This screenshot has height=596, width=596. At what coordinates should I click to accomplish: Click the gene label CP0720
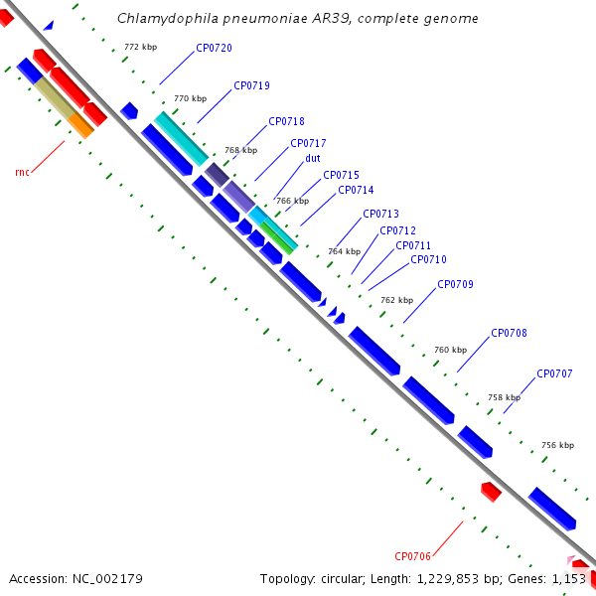click(x=214, y=48)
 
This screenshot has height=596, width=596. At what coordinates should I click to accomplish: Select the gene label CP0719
click(x=251, y=85)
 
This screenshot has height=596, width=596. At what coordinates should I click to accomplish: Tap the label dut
click(x=313, y=158)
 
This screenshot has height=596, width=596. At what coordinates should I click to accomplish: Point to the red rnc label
click(x=23, y=172)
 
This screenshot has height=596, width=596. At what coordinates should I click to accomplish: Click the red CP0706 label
click(x=413, y=556)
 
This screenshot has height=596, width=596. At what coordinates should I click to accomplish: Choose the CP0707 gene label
click(x=554, y=373)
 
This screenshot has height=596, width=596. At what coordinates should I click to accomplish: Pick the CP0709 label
click(x=455, y=284)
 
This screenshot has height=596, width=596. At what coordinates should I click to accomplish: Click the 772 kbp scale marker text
click(x=141, y=47)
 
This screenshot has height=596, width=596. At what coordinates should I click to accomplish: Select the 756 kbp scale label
click(x=558, y=445)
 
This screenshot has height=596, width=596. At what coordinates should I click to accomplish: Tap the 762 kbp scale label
click(x=396, y=300)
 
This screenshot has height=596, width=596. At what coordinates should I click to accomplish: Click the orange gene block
click(x=80, y=125)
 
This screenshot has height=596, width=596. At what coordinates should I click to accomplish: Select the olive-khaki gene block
click(x=55, y=97)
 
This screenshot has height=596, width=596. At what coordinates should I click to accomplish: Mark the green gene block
click(x=276, y=238)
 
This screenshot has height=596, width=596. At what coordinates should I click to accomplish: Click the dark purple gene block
click(x=217, y=175)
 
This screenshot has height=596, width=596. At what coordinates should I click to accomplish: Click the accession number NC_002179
click(x=107, y=579)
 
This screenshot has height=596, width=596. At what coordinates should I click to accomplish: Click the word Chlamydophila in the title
click(x=168, y=18)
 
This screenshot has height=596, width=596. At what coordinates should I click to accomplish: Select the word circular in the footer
click(x=344, y=579)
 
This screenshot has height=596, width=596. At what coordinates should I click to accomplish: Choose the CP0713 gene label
click(x=380, y=214)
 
